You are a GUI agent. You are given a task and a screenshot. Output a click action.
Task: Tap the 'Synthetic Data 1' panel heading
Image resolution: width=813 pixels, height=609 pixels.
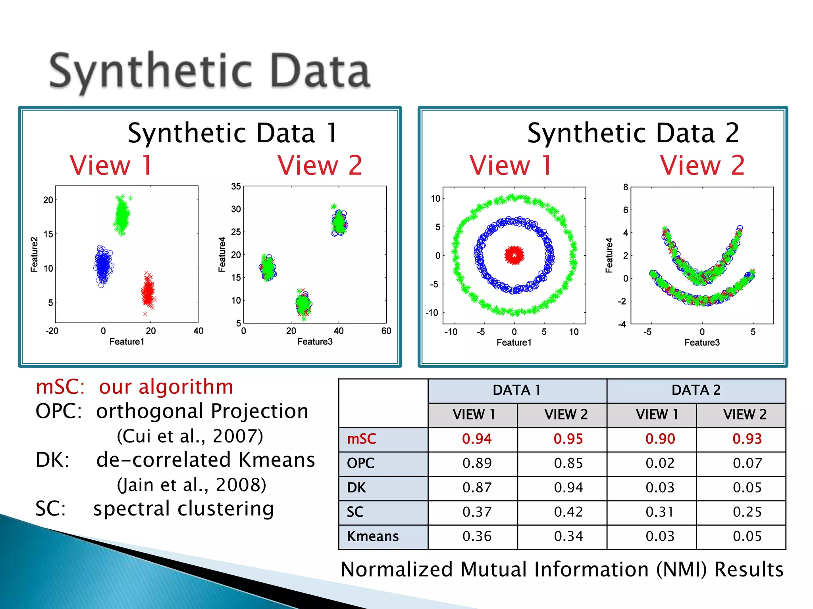pyautogui.click(x=233, y=133)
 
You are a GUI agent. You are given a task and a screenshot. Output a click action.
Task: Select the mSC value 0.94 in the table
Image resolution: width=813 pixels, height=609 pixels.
pyautogui.click(x=476, y=439)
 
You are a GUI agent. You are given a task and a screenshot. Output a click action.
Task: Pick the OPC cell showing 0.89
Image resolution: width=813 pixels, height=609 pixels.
pyautogui.click(x=476, y=463)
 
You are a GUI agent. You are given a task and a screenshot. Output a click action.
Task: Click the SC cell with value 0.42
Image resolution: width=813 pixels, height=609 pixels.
pyautogui.click(x=568, y=512)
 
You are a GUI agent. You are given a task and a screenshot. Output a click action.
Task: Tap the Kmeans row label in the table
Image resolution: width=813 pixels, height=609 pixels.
pyautogui.click(x=372, y=536)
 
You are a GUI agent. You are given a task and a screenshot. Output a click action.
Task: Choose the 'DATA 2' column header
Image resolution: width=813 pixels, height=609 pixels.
pyautogui.click(x=695, y=390)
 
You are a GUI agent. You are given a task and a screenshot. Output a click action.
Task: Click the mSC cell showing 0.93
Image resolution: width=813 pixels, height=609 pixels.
pyautogui.click(x=747, y=439)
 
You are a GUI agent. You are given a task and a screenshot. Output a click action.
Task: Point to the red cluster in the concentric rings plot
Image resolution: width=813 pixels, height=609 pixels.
pyautogui.click(x=514, y=255)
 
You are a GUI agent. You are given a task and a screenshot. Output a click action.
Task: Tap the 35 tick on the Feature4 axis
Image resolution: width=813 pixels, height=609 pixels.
pyautogui.click(x=236, y=186)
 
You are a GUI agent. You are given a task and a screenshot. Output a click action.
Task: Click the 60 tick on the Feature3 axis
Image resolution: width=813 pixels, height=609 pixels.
pyautogui.click(x=386, y=331)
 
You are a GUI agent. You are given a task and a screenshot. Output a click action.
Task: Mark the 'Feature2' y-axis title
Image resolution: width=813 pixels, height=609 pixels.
pyautogui.click(x=34, y=255)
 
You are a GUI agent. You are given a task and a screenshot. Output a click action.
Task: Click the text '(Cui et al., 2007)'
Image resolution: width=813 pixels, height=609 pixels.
pyautogui.click(x=190, y=436)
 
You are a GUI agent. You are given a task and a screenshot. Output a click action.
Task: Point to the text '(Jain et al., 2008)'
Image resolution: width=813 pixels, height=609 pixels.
pyautogui.click(x=191, y=485)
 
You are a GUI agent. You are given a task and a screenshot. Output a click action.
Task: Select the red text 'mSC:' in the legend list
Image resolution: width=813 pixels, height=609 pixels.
pyautogui.click(x=60, y=387)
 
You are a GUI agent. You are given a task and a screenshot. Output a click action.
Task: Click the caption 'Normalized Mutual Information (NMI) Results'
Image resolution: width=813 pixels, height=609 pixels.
pyautogui.click(x=562, y=570)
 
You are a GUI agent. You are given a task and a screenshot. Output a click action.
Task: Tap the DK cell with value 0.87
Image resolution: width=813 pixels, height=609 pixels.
pyautogui.click(x=476, y=488)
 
